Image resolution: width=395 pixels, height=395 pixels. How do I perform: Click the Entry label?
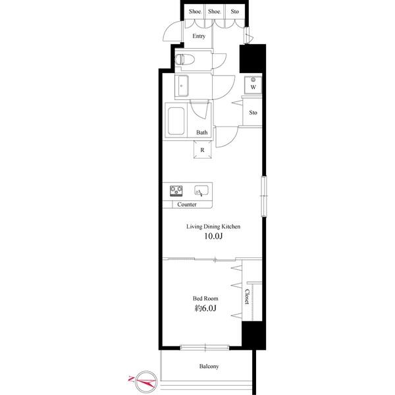pyautogui.click(x=199, y=36)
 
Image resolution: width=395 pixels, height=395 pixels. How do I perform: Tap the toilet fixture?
pyautogui.click(x=186, y=59)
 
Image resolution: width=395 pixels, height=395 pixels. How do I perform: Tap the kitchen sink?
pyautogui.click(x=201, y=192)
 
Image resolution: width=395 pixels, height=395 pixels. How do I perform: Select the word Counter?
pyautogui.click(x=188, y=205)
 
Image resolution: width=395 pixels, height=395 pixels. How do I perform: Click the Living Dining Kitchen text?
pyautogui.click(x=213, y=226)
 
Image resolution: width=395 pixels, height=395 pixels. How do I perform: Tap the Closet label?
pyautogui.click(x=248, y=297)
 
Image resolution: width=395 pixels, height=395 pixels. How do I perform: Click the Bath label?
pyautogui.click(x=201, y=133)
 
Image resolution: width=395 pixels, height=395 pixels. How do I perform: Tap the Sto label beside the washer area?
pyautogui.click(x=253, y=113)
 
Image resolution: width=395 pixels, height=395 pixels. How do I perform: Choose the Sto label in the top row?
pyautogui.click(x=234, y=12)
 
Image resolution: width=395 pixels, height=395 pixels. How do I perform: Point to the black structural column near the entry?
pyautogui.click(x=251, y=59)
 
